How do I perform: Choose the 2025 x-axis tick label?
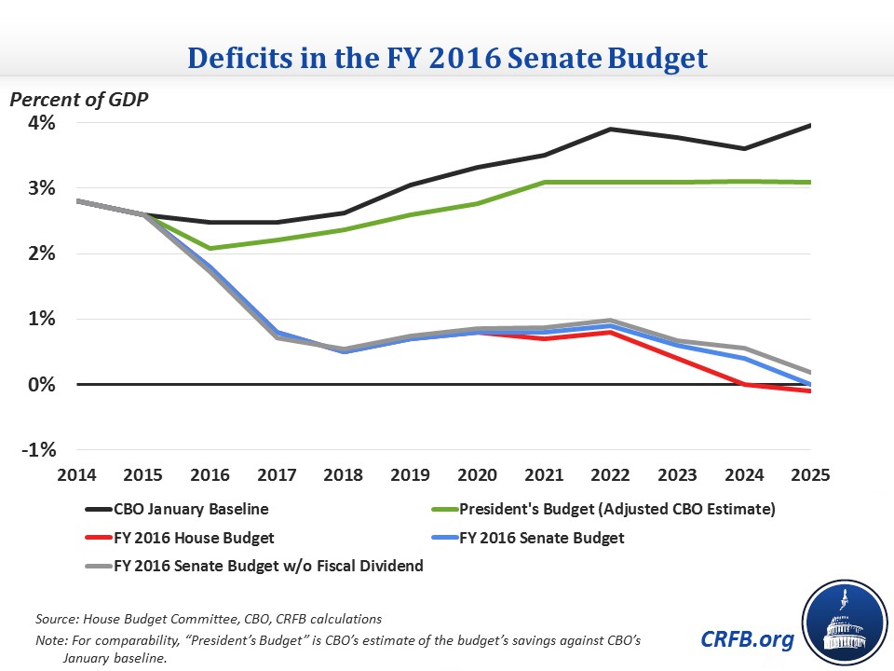tap(808, 473)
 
